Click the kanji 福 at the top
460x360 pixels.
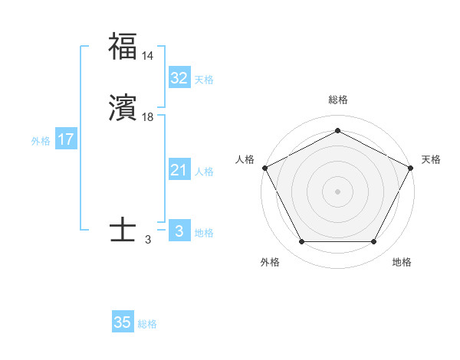[123, 47]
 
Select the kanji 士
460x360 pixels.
[123, 229]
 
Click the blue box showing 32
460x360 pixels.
[179, 78]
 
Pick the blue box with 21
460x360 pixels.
[179, 171]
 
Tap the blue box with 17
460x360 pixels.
[65, 140]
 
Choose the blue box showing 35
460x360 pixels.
[123, 322]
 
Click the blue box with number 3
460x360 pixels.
[179, 231]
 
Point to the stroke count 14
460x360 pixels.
[148, 56]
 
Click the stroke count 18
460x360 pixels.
[148, 117]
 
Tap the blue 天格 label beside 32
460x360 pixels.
[203, 80]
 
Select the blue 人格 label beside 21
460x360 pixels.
[203, 172]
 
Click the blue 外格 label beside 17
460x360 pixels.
[41, 141]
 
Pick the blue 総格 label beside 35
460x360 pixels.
[147, 324]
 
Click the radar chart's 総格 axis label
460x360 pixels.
[337, 100]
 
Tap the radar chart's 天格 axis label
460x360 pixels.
[431, 159]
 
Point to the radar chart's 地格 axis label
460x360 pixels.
[402, 262]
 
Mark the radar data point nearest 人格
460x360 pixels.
[264, 167]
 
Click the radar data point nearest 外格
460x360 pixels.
[301, 242]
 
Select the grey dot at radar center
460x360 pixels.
[337, 191]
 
